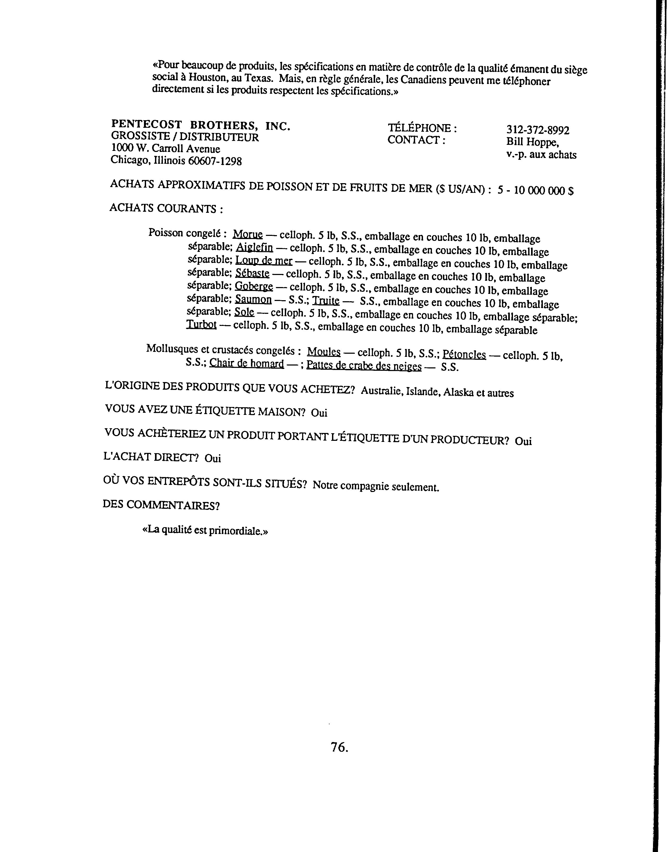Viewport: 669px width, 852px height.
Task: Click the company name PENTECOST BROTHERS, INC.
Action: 201,125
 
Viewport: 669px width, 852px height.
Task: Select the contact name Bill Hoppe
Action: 532,142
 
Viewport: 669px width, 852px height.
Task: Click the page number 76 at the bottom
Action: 339,747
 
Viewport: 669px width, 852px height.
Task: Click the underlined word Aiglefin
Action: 255,248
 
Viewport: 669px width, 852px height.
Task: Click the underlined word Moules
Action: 324,352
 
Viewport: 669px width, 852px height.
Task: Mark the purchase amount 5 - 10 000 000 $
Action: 536,190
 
